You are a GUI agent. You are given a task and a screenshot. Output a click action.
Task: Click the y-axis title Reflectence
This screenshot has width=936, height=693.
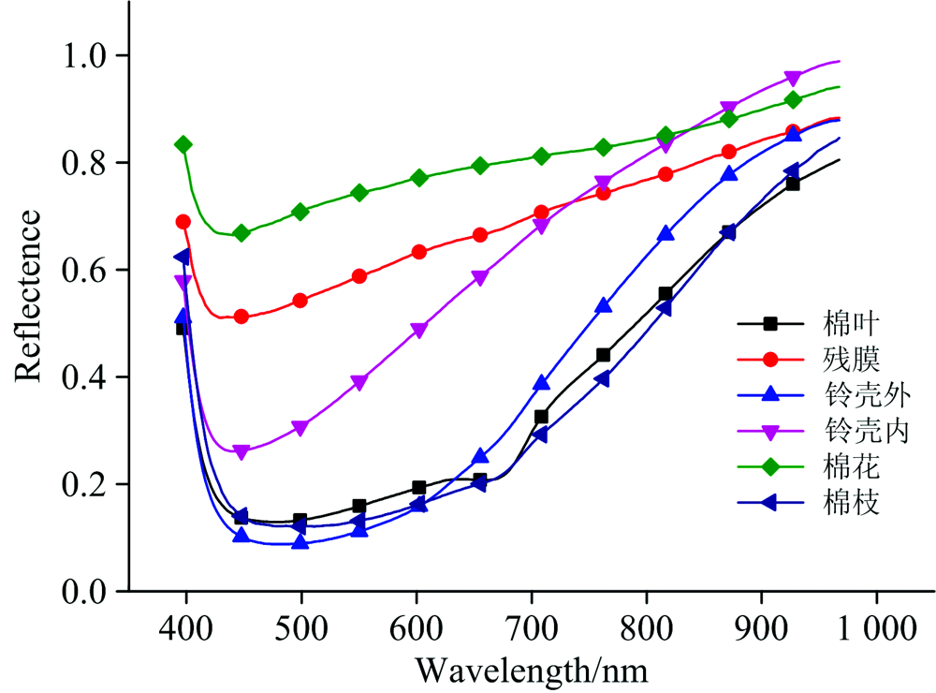point(27,296)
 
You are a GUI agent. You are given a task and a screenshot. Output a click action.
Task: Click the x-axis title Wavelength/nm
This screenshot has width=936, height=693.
point(532,670)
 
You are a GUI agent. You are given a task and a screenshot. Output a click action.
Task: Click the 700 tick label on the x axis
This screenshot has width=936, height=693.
point(532,627)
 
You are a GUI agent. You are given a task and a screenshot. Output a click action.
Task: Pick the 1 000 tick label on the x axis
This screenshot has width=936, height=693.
point(876,627)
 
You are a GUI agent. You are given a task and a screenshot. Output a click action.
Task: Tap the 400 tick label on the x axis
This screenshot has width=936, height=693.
point(187,627)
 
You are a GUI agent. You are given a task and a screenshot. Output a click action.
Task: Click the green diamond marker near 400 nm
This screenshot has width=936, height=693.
point(183,144)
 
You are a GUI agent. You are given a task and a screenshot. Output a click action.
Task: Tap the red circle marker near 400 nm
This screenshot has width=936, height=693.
point(183,222)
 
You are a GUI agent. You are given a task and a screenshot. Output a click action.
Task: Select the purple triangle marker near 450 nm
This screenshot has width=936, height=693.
point(241,452)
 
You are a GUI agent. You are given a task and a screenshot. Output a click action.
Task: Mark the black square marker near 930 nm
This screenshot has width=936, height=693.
point(793,184)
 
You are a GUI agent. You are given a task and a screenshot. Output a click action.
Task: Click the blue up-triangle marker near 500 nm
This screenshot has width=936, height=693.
point(300,540)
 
